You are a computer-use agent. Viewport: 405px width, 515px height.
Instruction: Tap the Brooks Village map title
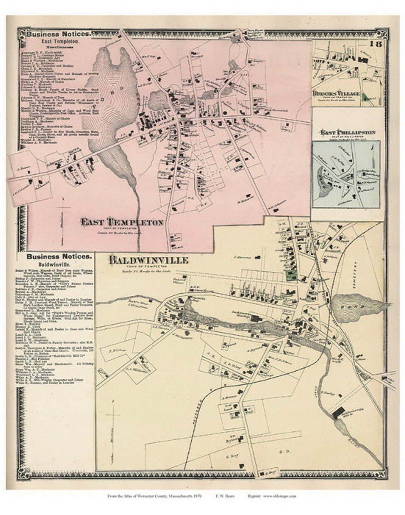point(336,94)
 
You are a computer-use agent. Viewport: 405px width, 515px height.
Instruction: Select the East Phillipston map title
point(347,132)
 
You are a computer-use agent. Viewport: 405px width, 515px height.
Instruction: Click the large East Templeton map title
point(122,222)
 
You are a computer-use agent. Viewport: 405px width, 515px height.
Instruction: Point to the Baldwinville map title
point(148,260)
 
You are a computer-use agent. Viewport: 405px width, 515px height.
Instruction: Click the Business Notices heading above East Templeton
point(58,34)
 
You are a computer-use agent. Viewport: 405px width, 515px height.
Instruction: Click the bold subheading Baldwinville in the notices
point(58,265)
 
